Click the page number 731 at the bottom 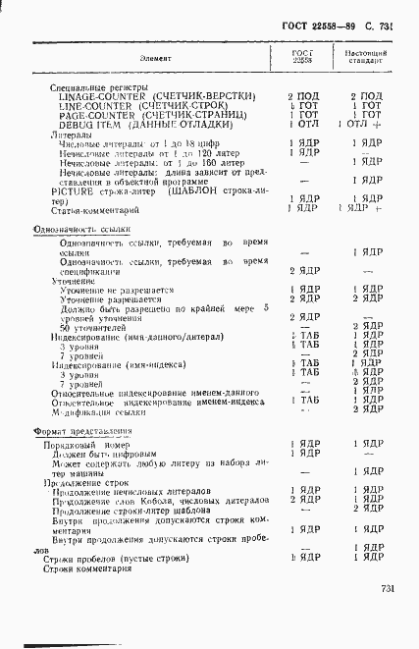(x=386, y=588)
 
